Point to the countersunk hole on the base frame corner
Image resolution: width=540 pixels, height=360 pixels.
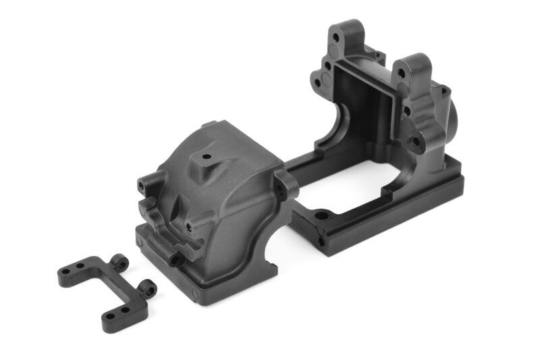click(321, 217)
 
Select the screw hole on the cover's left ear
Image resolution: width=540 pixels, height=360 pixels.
click(142, 184)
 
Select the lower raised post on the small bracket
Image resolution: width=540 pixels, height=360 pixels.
click(148, 289)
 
